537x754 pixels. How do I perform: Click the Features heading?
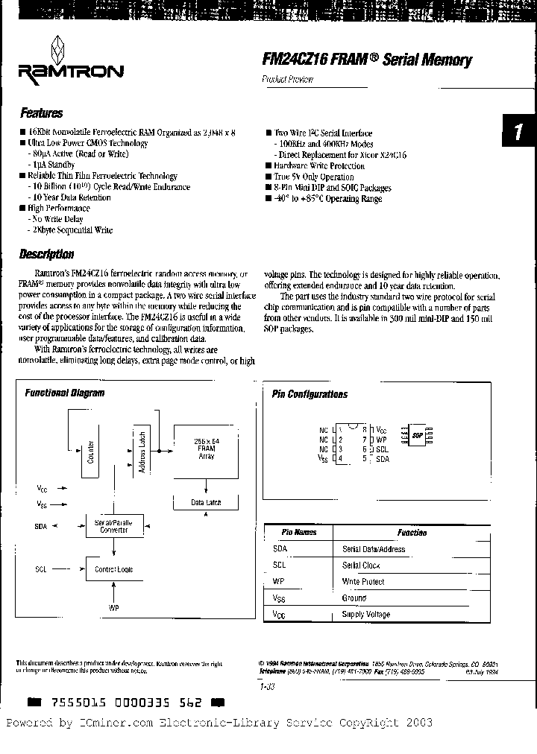[41, 113]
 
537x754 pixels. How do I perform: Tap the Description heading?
[46, 254]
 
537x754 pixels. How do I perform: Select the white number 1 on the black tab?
[518, 133]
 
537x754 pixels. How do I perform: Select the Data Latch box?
[206, 503]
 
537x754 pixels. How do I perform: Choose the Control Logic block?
[114, 569]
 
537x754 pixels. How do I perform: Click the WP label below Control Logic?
[113, 608]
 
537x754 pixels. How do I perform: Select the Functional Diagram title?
[65, 393]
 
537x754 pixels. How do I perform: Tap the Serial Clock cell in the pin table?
[361, 565]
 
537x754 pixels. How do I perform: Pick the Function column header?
[412, 533]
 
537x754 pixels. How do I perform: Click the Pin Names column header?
[299, 533]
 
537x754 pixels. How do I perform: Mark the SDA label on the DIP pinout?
[382, 459]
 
